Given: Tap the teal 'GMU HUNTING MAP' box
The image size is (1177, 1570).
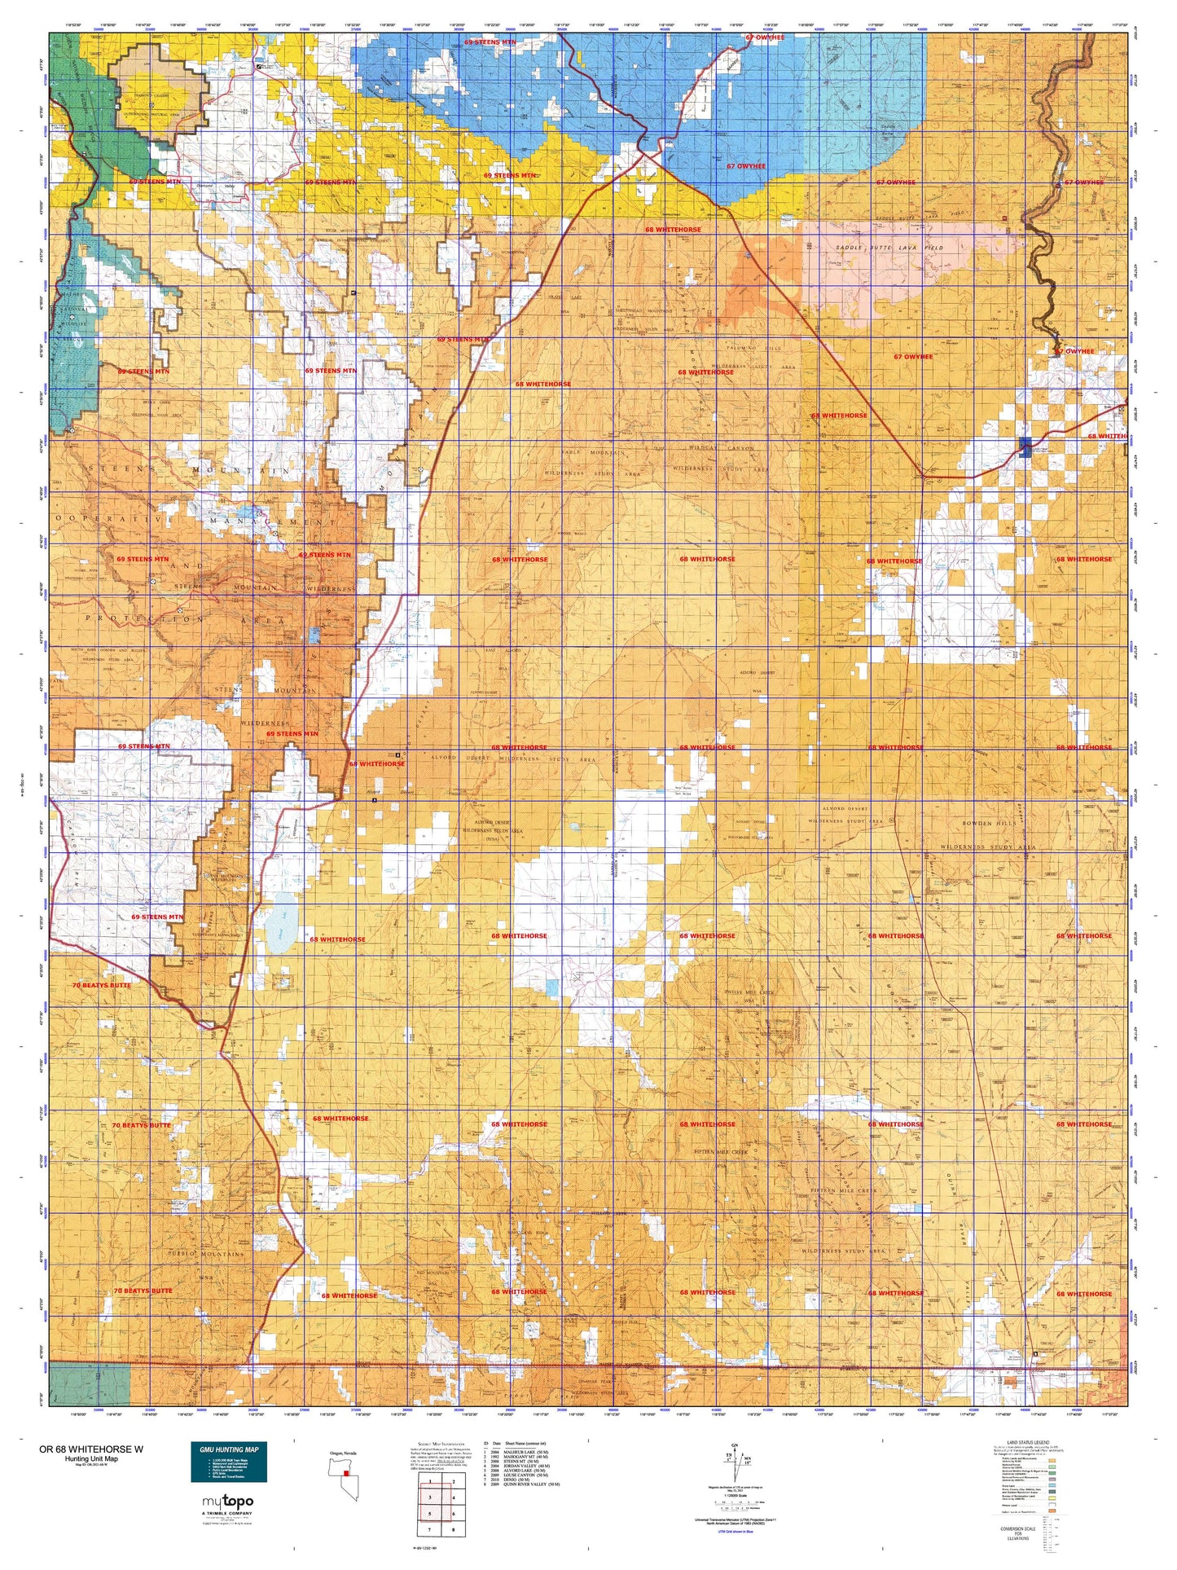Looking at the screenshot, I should click(x=229, y=1462).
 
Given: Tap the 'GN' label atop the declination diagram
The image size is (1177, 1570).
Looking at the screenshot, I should click(x=737, y=1445).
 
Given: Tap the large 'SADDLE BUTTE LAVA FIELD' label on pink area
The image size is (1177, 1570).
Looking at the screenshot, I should click(x=889, y=247).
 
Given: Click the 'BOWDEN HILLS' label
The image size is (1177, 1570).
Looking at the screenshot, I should click(x=990, y=824).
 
